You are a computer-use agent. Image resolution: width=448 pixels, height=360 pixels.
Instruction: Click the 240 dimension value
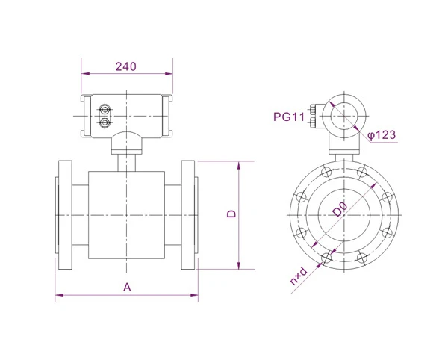[125, 66]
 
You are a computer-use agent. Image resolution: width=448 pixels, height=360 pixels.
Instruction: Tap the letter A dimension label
[127, 287]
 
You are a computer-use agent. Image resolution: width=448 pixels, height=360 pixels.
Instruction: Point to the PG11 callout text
[289, 117]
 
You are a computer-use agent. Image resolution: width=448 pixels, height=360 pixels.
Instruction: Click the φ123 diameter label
[382, 135]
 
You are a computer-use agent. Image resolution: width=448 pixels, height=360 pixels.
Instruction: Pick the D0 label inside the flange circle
[340, 209]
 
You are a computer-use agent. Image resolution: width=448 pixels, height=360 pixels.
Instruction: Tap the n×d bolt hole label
[299, 276]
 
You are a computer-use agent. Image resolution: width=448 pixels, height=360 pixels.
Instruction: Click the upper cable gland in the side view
[105, 110]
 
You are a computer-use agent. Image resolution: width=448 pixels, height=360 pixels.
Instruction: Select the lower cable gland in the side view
[105, 122]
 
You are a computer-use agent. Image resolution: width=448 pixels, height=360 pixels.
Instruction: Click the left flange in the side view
[65, 215]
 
